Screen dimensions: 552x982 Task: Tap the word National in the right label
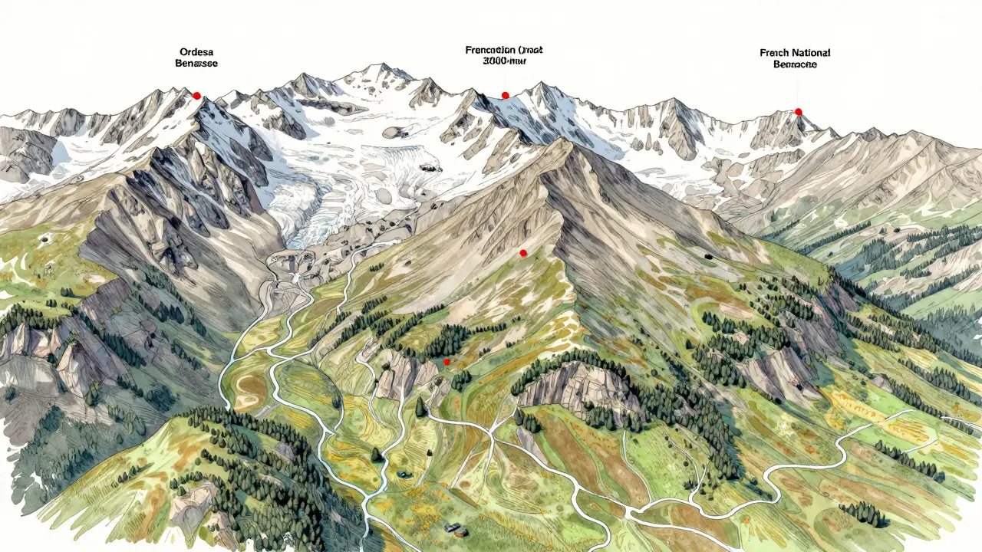click(810, 53)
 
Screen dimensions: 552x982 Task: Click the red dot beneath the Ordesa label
click(196, 96)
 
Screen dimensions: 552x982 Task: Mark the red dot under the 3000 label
click(505, 95)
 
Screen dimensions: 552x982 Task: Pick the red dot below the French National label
click(798, 112)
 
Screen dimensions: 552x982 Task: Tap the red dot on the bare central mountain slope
click(523, 253)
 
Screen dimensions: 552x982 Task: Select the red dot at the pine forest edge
click(447, 360)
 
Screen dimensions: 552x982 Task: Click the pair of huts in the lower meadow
click(456, 528)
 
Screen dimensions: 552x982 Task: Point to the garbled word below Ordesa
click(196, 64)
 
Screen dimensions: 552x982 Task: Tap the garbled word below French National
click(795, 65)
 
